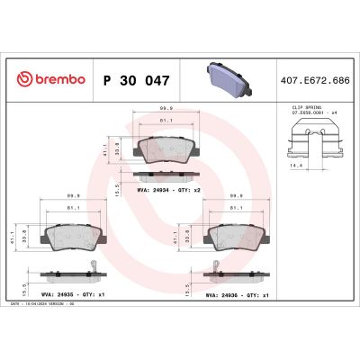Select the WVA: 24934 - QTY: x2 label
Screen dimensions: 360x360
pos(166,190)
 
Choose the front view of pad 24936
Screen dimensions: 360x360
pos(237,235)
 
